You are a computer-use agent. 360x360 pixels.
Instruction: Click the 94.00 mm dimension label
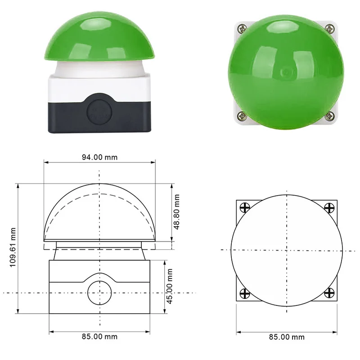click(99, 157)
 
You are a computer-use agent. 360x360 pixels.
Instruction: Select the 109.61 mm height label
click(13, 247)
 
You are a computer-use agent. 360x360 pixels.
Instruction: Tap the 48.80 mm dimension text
click(176, 211)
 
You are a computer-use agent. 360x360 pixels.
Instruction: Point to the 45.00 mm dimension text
click(170, 286)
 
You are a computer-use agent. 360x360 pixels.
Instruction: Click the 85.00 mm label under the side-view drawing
click(99, 337)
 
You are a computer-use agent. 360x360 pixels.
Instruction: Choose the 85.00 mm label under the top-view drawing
click(287, 337)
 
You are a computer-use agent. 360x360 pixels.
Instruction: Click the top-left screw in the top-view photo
click(242, 29)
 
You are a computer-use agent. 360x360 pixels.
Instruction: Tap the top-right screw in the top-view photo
click(329, 29)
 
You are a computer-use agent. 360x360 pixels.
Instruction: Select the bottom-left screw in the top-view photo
click(242, 116)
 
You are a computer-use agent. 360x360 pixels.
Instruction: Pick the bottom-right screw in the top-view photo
click(329, 116)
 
